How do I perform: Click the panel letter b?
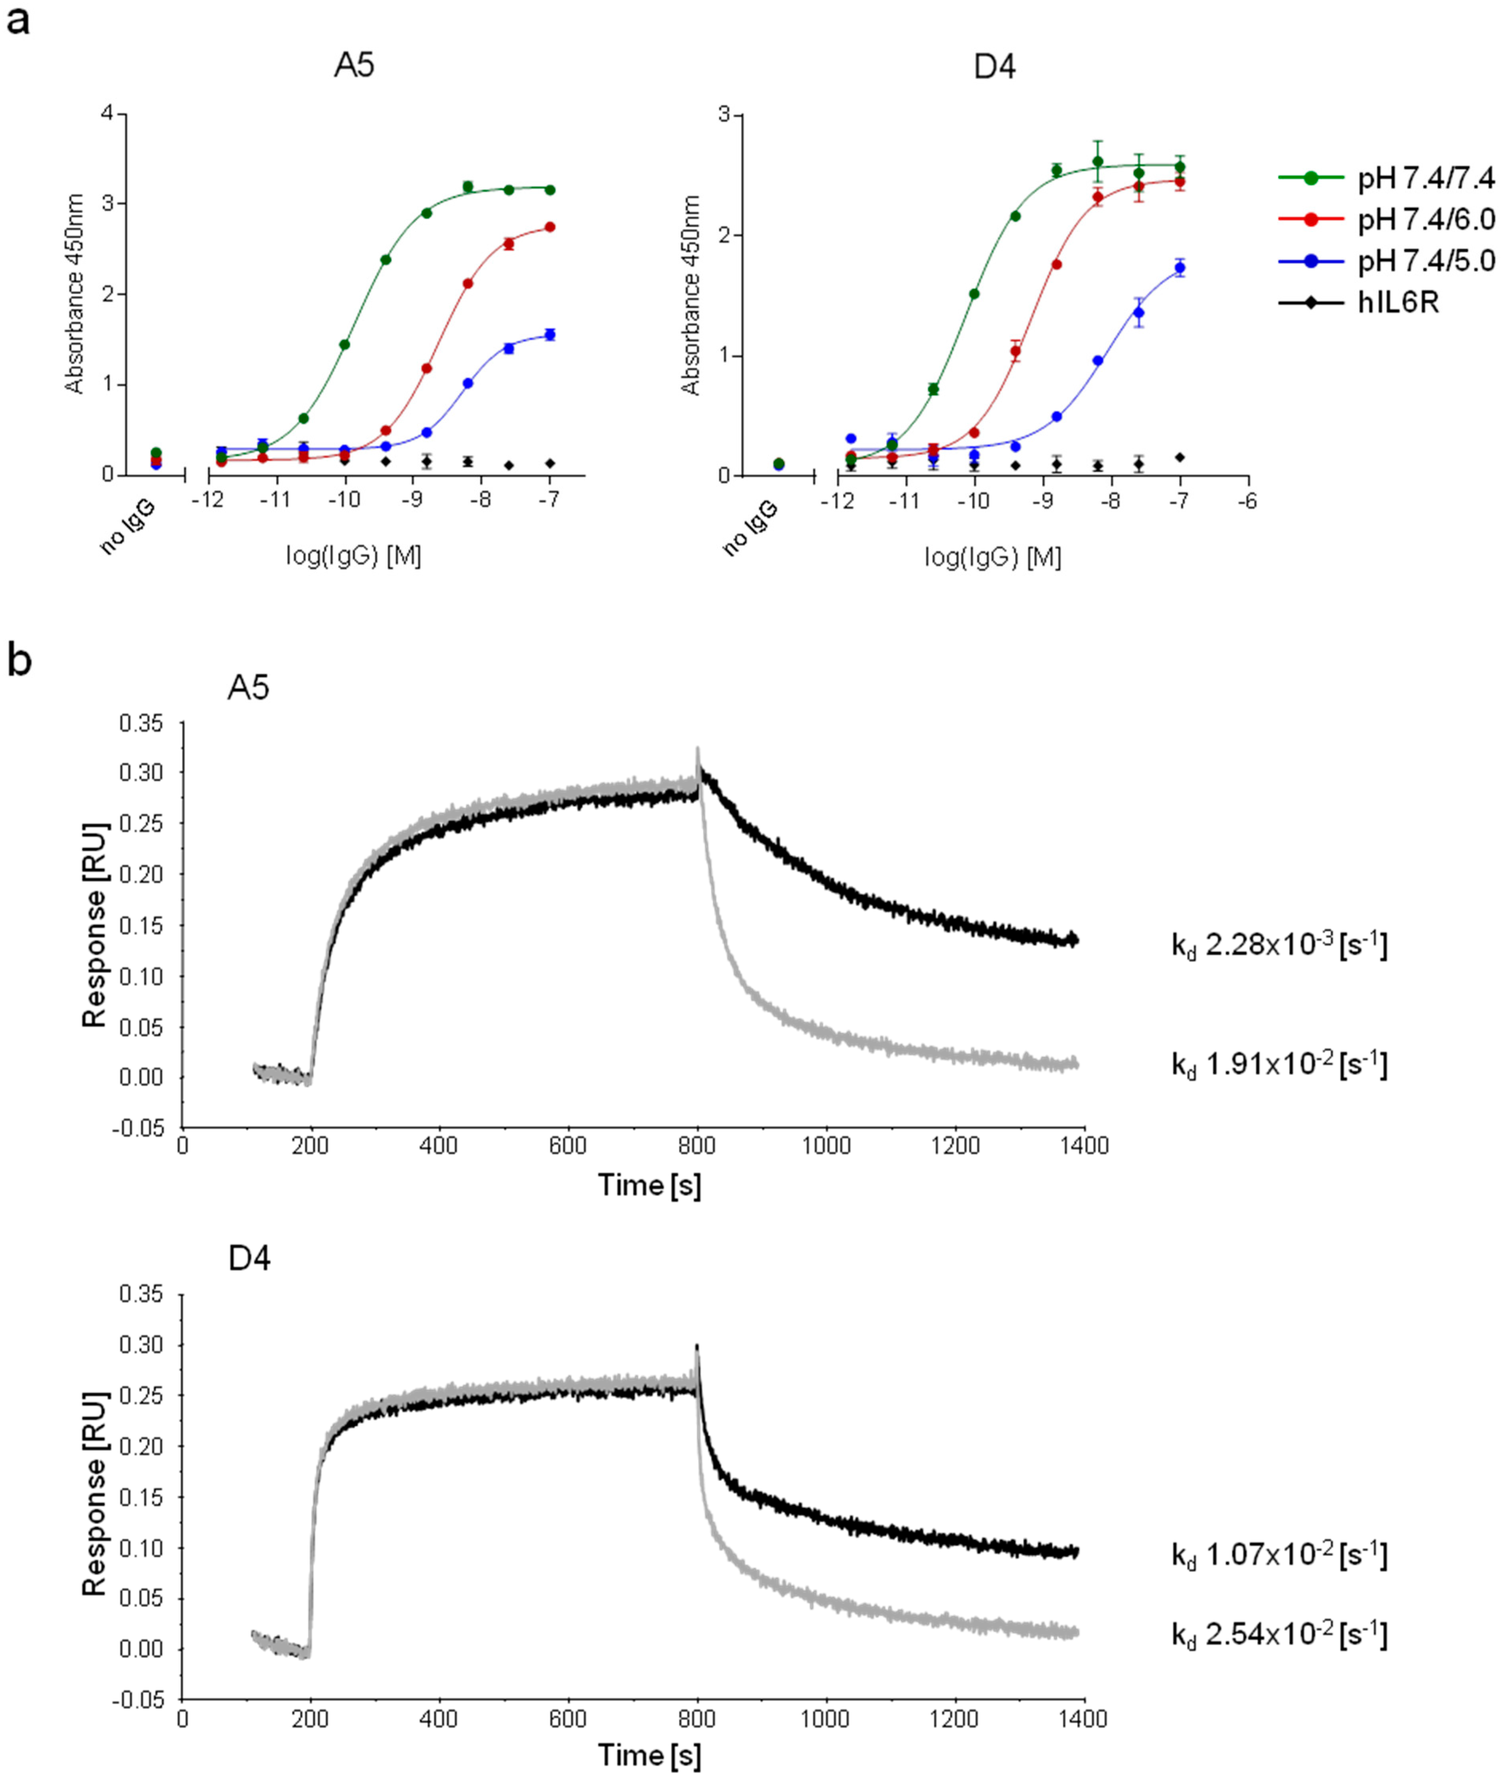click(x=19, y=661)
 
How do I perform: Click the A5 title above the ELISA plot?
click(x=354, y=66)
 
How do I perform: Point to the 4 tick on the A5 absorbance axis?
click(x=107, y=113)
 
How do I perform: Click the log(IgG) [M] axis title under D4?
click(x=993, y=557)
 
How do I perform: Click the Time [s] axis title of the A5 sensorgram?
click(x=649, y=1185)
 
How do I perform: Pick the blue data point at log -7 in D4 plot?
click(x=1179, y=268)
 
